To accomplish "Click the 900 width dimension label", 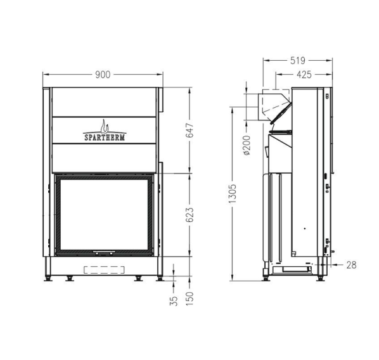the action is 103,75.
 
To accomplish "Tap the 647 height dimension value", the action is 189,131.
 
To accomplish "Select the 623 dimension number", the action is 189,215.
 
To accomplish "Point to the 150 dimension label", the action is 189,299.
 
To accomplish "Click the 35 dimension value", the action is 174,301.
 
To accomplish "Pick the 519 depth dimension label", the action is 298,61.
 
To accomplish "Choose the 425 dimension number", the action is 304,75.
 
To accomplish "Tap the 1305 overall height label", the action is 233,193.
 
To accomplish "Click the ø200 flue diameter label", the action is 247,145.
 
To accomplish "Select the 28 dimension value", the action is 352,265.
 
